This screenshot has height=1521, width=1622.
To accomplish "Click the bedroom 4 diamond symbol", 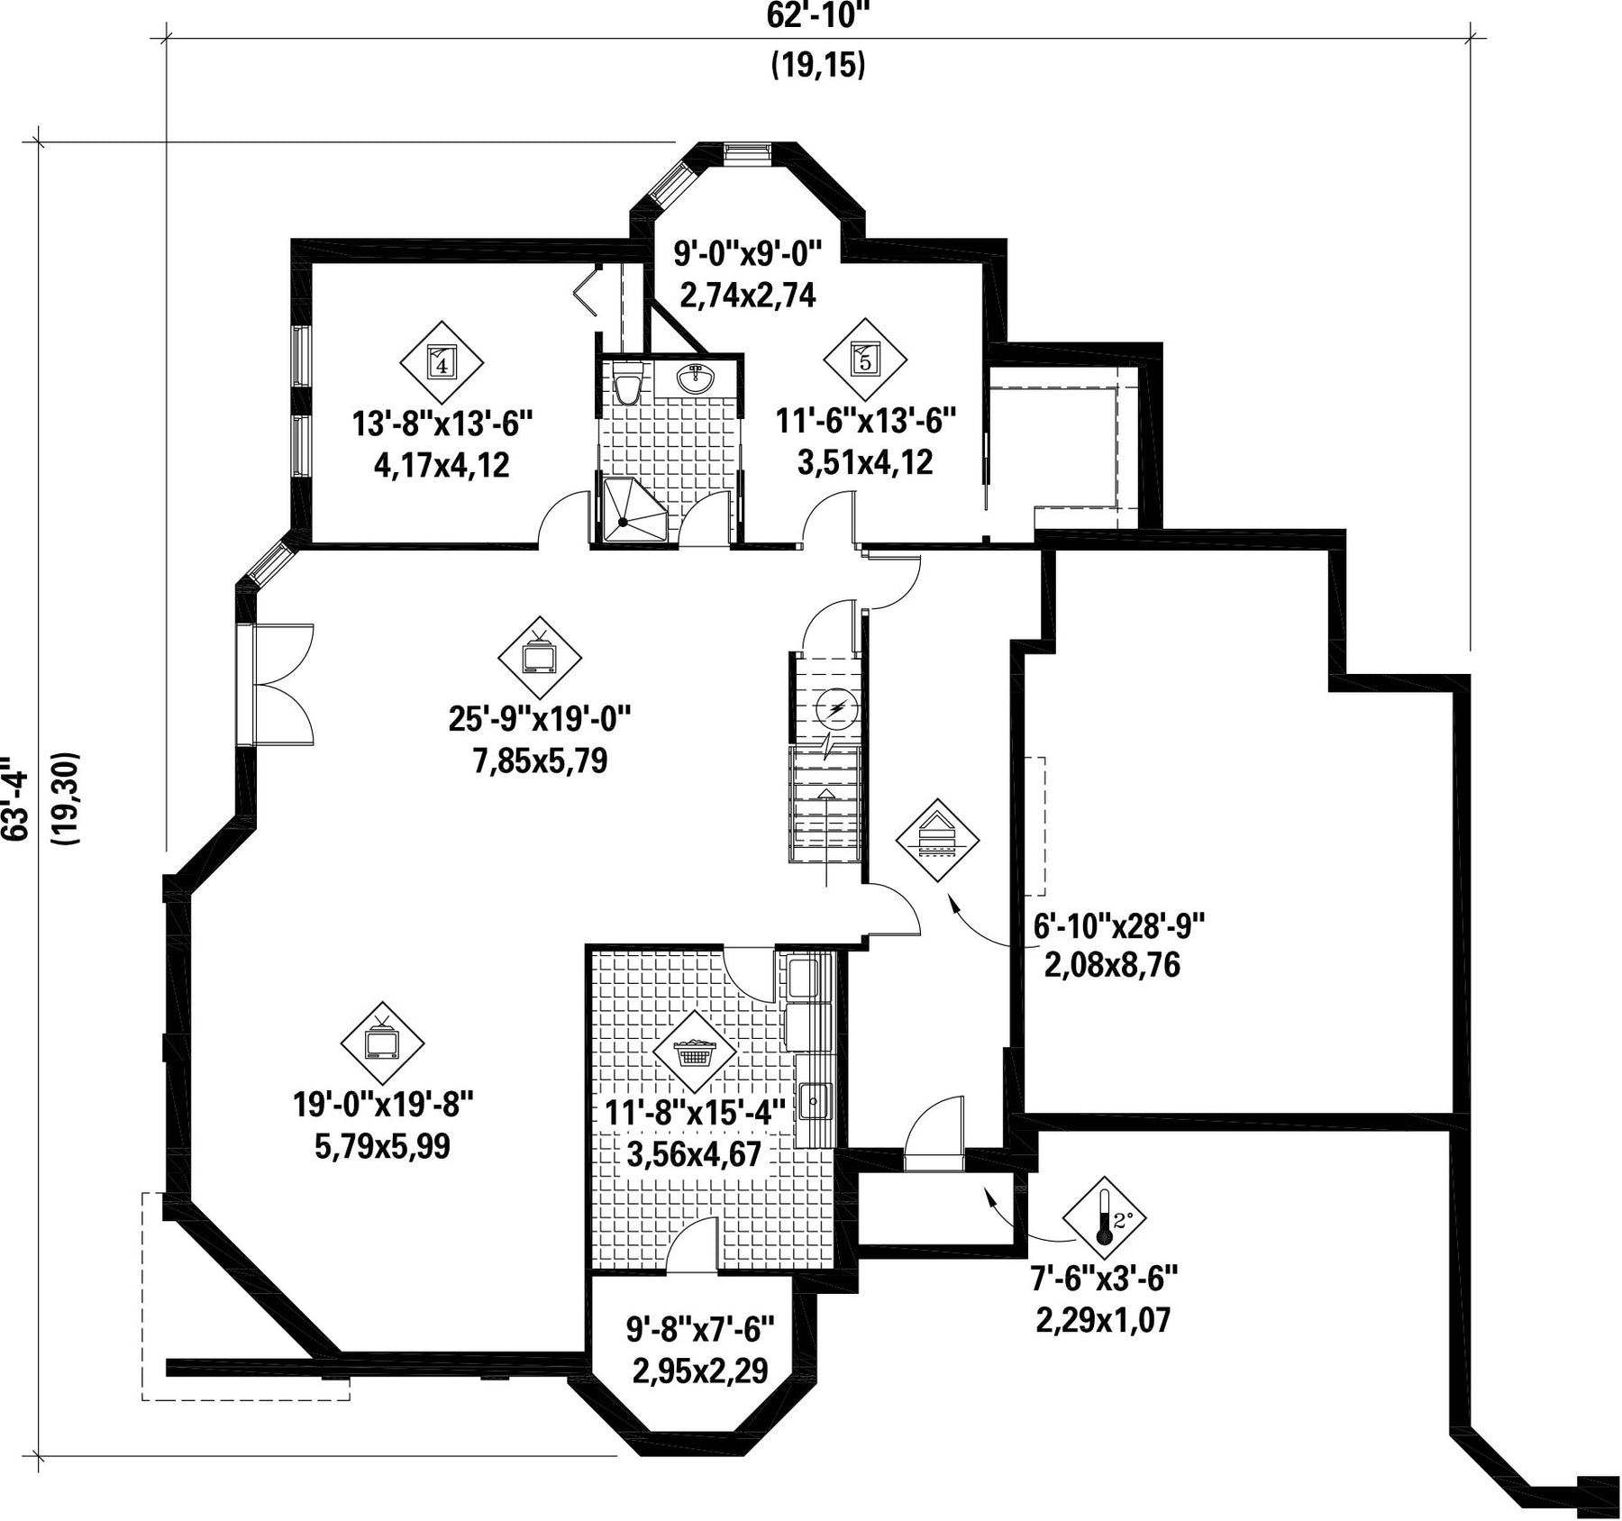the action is click(442, 362).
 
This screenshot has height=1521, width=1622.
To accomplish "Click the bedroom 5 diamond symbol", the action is click(865, 360).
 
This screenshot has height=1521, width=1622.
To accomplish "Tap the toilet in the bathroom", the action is click(627, 384).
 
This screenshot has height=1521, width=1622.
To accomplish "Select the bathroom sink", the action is click(696, 378).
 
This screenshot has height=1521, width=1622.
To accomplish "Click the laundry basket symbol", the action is click(694, 1052).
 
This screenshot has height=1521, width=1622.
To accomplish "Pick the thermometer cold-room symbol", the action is click(1105, 1217).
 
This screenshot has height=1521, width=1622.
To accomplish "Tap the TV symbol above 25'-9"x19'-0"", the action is click(540, 657).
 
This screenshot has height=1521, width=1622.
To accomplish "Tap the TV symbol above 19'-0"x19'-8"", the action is click(382, 1043).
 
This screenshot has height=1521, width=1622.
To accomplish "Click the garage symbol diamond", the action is click(937, 840).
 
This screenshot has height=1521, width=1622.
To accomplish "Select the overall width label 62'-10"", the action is click(818, 15).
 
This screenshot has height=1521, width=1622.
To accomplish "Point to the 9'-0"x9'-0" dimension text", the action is click(749, 254).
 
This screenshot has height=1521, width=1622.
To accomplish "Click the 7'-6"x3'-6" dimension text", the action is click(1104, 1277).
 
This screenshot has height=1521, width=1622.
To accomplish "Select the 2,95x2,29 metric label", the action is click(700, 1371).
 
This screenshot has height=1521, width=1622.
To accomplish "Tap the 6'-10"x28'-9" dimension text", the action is click(1119, 924).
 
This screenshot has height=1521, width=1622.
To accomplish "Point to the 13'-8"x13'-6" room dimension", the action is click(442, 423).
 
